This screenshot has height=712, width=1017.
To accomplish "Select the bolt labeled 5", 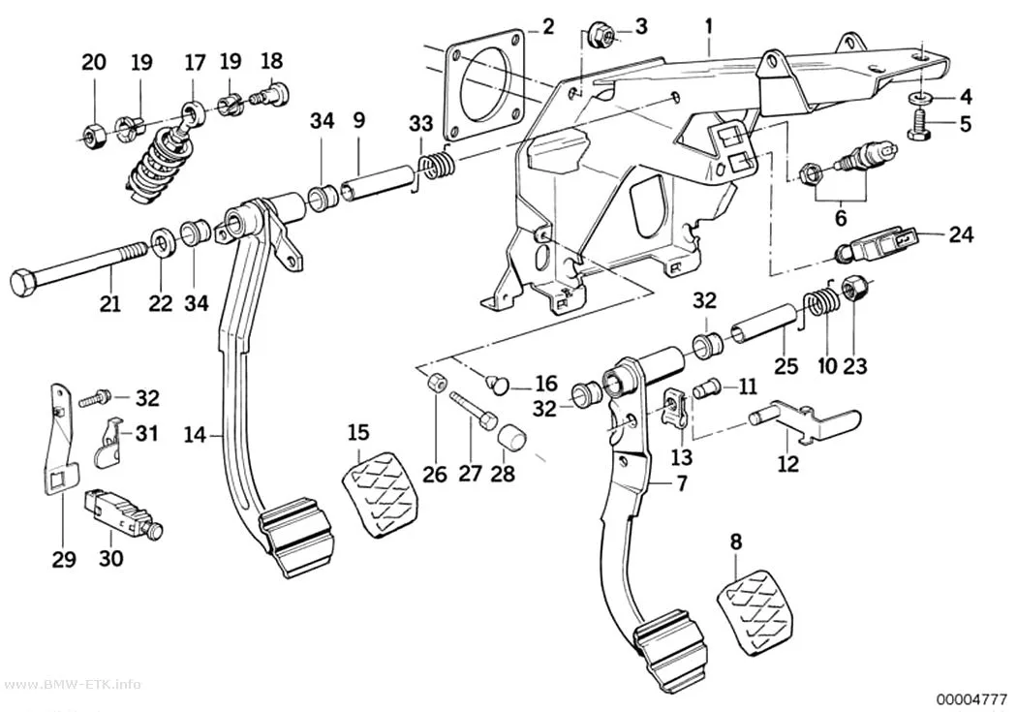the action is tap(920, 123).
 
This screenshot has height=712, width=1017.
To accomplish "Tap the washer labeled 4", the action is tap(921, 97).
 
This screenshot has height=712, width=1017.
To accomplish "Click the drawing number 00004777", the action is tap(971, 698).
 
